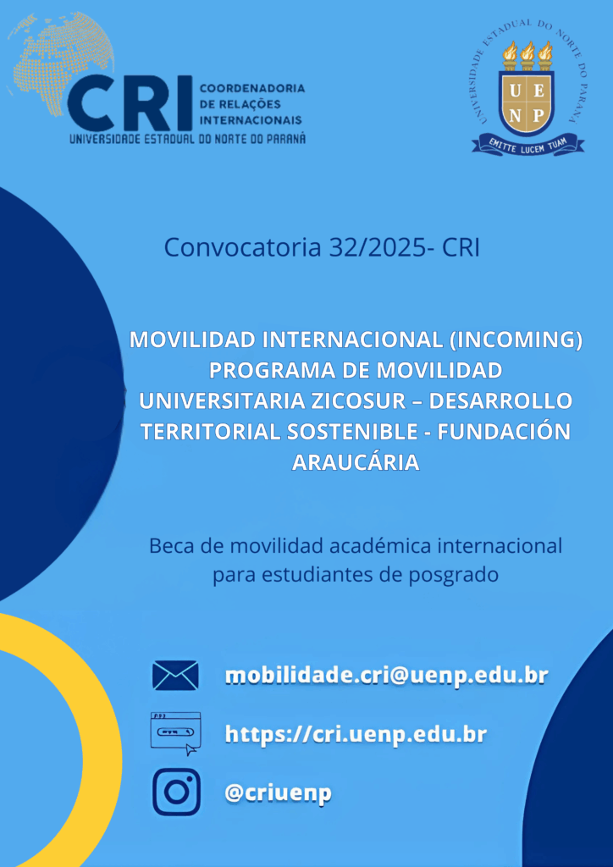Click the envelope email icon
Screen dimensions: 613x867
pos(175,676)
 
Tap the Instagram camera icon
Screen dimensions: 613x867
pos(176,792)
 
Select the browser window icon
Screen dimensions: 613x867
pos(176,733)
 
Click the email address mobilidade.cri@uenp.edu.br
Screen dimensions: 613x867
pos(386,676)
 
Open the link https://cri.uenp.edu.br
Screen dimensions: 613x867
pos(356,734)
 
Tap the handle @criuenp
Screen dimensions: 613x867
pos(278,792)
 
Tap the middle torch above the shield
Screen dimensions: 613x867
pos(527,55)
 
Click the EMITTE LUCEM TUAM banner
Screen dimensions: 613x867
pos(527,144)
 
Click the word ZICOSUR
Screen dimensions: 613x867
pos(362,400)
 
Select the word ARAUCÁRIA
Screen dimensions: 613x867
pos(356,462)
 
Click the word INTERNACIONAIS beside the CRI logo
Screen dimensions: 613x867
pos(251,120)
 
